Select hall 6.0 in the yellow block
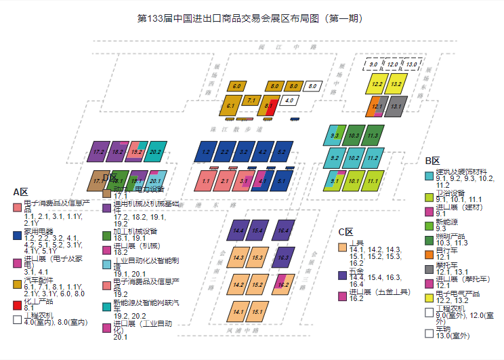[x=236, y=87]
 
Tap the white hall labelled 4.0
[x=289, y=100]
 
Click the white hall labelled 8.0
[x=312, y=87]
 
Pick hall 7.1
[x=251, y=100]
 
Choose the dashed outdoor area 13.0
[x=412, y=64]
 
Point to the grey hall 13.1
[x=396, y=106]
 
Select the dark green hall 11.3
[x=372, y=136]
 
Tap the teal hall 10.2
[x=353, y=159]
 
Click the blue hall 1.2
[x=206, y=153]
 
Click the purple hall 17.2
[x=99, y=153]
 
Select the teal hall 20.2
[x=155, y=153]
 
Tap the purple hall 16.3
[x=283, y=258]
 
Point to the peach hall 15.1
[x=256, y=313]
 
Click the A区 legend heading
[x=20, y=192]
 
